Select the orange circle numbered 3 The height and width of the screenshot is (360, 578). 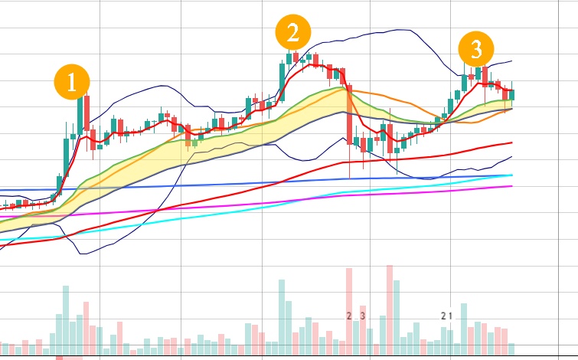pos(475,51)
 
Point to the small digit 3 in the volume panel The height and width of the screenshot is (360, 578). pos(362,316)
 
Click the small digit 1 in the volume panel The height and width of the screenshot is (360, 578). pos(452,316)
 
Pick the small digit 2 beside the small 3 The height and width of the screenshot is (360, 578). pos(349,316)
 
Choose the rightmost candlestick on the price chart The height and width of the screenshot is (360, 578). pos(512,94)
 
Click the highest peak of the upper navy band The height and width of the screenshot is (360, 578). pos(398,30)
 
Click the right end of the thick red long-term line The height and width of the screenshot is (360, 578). pos(511,142)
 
